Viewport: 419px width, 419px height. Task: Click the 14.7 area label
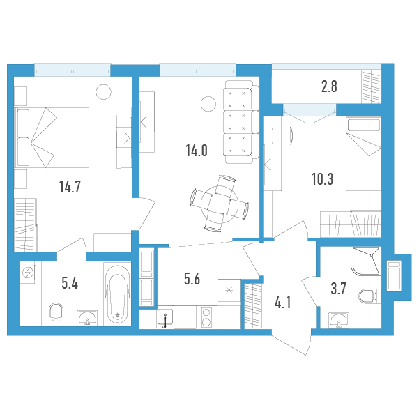(x=70, y=187)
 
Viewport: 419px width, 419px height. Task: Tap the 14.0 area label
(x=197, y=151)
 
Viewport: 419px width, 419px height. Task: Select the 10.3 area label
(x=323, y=179)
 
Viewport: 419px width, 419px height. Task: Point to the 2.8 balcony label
(x=329, y=86)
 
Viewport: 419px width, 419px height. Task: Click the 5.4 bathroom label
(x=70, y=283)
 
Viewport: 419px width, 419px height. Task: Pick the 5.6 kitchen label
(x=192, y=279)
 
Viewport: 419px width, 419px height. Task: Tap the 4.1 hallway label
(x=283, y=303)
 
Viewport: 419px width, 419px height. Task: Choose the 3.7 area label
(x=339, y=289)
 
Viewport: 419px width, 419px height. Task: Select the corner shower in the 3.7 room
(x=366, y=261)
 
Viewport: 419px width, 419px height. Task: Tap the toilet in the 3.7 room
(x=370, y=296)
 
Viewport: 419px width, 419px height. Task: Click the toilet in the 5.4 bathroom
(x=56, y=314)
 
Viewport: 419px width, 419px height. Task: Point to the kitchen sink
(x=165, y=317)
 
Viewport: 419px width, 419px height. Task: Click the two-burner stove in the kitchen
(x=206, y=317)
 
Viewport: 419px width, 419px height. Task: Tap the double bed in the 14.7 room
(x=52, y=137)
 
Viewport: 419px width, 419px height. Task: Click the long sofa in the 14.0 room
(x=241, y=122)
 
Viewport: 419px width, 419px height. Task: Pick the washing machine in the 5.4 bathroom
(x=28, y=273)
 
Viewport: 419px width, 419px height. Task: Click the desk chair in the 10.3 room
(x=282, y=136)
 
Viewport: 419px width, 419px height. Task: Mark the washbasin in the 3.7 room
(x=339, y=320)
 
